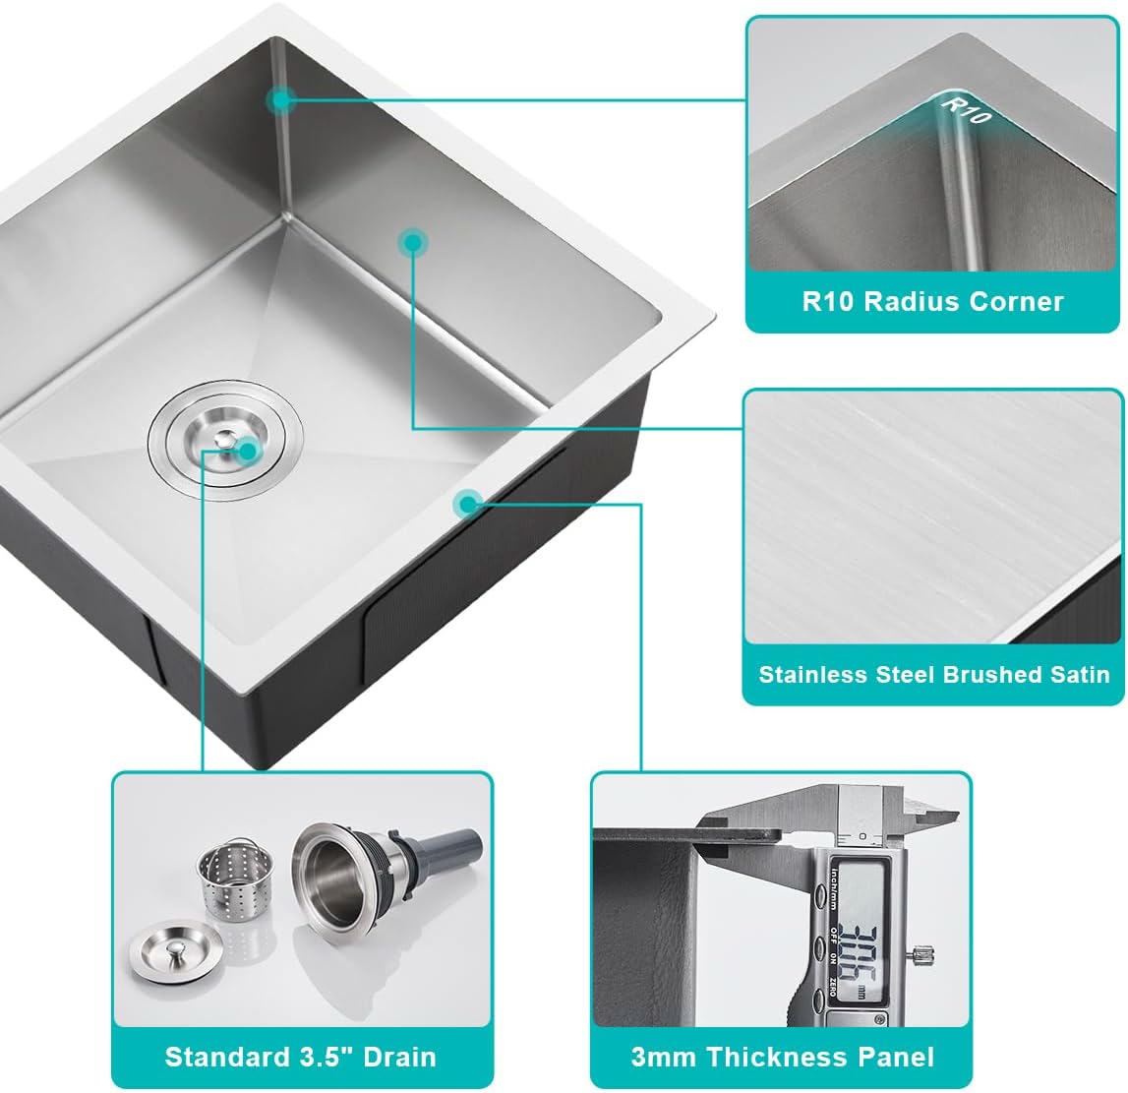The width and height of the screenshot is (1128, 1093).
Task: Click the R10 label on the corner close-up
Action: (x=965, y=109)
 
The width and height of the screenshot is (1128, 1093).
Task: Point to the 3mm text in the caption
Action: (x=664, y=1057)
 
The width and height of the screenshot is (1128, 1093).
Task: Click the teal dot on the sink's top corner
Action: (x=282, y=99)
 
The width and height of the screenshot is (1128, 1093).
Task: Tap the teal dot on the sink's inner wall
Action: (x=413, y=242)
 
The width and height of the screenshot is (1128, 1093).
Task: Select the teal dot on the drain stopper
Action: (x=248, y=452)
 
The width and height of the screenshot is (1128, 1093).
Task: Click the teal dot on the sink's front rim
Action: (x=467, y=505)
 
